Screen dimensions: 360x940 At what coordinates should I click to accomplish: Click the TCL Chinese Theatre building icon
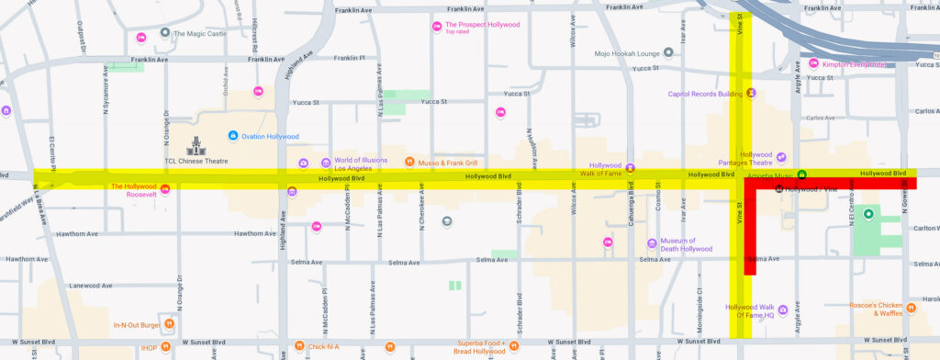pos(196,144)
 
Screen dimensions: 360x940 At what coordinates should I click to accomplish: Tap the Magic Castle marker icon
pos(164,33)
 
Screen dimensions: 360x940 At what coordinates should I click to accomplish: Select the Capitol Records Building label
pos(704,93)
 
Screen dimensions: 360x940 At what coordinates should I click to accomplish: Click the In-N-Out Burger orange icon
pos(169,324)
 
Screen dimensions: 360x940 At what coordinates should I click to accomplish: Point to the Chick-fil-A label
pos(324,346)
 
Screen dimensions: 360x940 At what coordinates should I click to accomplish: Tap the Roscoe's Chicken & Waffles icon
pos(910,308)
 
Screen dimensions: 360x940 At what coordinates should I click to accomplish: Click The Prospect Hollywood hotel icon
pos(437,26)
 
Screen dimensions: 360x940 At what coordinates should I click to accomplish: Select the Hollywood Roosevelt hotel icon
pos(165,189)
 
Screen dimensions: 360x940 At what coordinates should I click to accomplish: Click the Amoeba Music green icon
pos(801,174)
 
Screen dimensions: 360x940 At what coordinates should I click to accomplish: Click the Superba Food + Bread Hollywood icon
pos(390,346)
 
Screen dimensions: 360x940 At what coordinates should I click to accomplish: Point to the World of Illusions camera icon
pos(303,163)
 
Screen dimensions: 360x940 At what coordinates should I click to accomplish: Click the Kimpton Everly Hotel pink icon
pos(813,63)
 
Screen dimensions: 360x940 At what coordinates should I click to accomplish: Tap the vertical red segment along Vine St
pos(750,230)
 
